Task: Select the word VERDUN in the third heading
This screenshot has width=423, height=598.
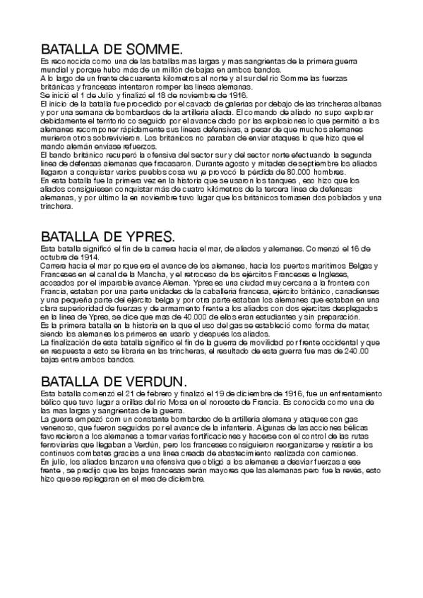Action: (x=151, y=380)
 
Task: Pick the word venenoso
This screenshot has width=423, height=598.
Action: (x=60, y=427)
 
